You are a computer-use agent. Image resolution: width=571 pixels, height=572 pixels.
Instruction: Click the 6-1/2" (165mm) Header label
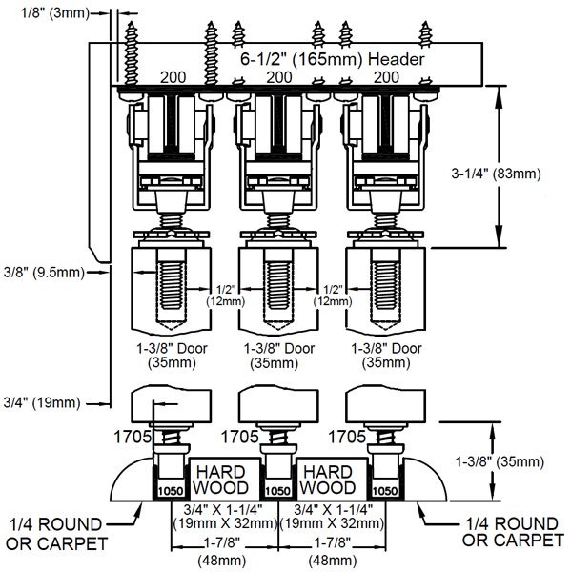(x=333, y=59)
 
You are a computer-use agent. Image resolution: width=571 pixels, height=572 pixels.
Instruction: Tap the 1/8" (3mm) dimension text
(x=55, y=13)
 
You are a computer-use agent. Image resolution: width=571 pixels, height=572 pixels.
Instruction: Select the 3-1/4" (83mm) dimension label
(x=496, y=174)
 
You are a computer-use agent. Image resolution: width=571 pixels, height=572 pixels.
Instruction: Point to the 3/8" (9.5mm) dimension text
(x=44, y=272)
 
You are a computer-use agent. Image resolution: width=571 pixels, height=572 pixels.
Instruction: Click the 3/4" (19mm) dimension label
(x=42, y=402)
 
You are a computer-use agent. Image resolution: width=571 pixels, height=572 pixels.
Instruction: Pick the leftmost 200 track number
(x=173, y=77)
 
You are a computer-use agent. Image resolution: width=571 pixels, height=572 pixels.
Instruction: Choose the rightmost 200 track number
(x=386, y=77)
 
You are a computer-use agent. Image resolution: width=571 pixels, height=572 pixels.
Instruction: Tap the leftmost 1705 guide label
(x=133, y=437)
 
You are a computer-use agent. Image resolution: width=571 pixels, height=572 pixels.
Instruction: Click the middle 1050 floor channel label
(x=277, y=491)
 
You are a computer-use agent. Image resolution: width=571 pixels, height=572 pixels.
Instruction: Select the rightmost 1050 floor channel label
(x=385, y=491)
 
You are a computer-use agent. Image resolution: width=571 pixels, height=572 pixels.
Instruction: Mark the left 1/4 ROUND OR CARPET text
(x=57, y=534)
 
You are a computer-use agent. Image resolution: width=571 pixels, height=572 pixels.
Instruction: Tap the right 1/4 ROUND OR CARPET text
(x=514, y=532)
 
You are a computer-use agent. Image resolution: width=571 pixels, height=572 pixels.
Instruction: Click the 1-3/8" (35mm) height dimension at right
(x=500, y=461)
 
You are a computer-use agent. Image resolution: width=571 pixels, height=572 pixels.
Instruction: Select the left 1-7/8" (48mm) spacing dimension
(x=222, y=552)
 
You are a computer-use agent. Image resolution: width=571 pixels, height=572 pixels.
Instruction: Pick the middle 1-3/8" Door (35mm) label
(x=278, y=356)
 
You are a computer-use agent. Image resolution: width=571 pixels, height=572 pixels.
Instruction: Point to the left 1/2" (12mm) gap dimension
(x=226, y=296)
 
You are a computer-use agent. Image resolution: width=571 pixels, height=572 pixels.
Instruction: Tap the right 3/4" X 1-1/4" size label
(x=333, y=516)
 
